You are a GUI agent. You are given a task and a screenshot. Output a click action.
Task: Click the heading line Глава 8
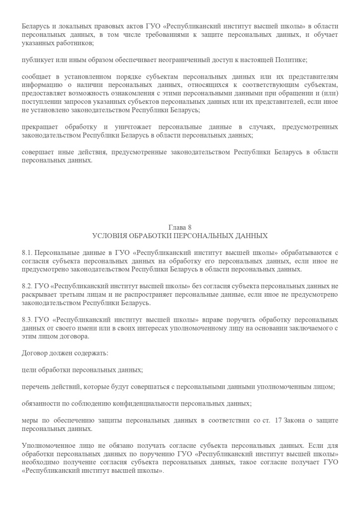tap(180, 227)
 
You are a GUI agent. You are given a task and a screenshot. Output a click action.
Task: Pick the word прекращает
tap(40, 127)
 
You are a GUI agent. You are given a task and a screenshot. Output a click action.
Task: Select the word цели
tap(29, 370)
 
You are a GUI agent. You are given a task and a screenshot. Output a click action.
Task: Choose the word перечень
tap(36, 387)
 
